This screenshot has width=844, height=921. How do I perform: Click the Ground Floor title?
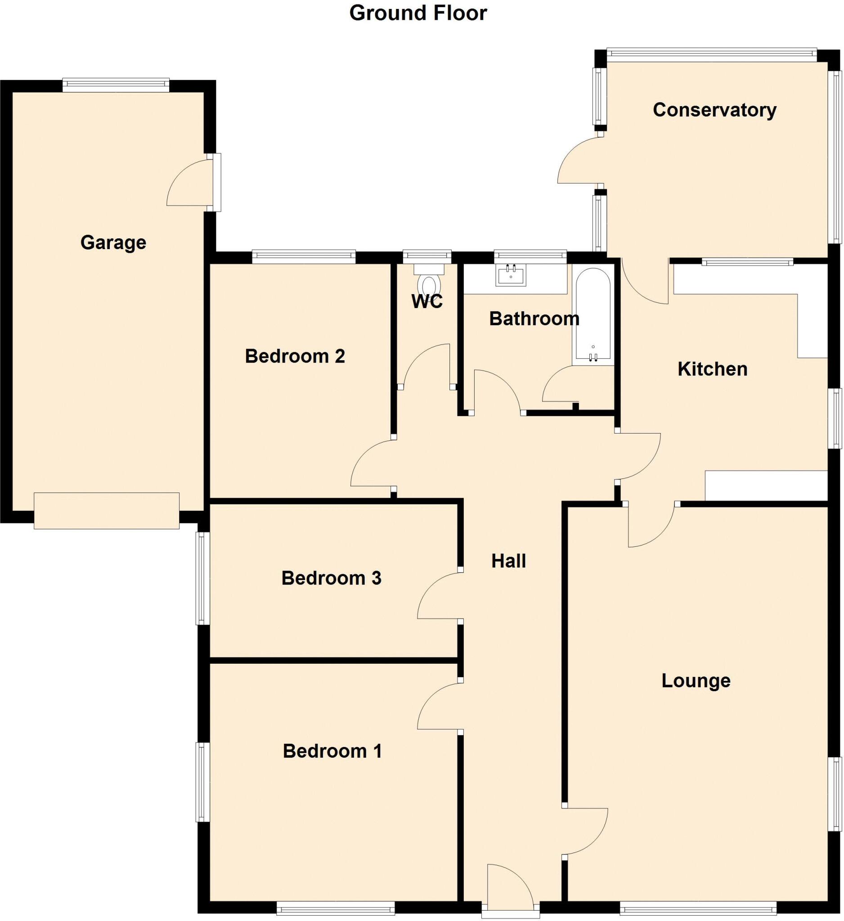click(x=418, y=13)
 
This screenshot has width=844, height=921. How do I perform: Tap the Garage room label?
click(x=113, y=242)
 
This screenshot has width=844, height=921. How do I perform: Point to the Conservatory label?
click(x=714, y=110)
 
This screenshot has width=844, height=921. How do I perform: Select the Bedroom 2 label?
click(x=295, y=356)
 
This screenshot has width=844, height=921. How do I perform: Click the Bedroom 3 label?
click(x=331, y=578)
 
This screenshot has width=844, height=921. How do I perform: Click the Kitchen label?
click(x=712, y=369)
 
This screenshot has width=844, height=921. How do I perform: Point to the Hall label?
click(x=508, y=561)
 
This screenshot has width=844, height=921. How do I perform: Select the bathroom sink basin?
click(x=511, y=276)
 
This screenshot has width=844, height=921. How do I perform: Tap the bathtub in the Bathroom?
click(x=593, y=315)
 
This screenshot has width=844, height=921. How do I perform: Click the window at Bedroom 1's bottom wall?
click(x=336, y=908)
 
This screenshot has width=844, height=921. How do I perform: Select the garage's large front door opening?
click(x=107, y=510)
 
